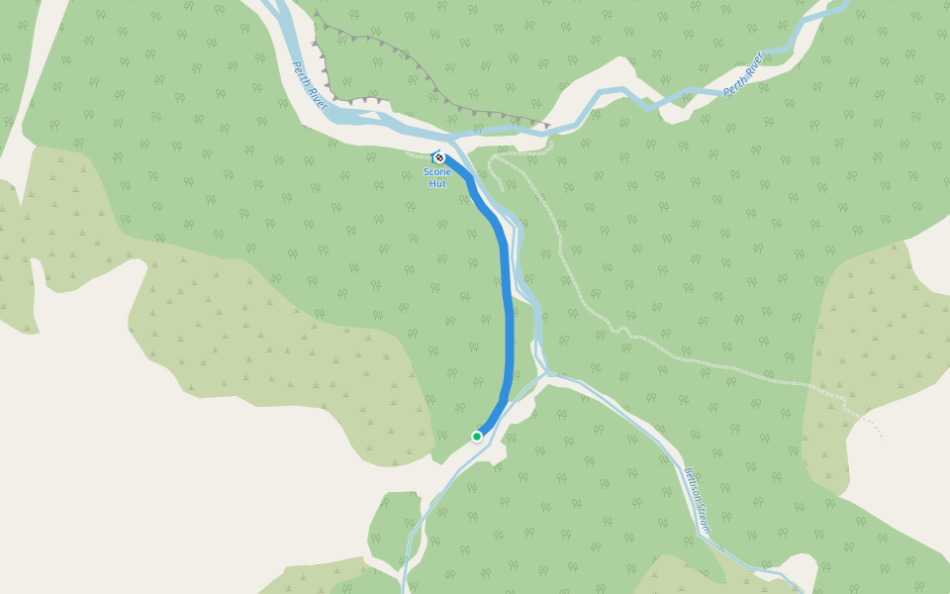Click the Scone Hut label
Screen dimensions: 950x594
[x=437, y=177]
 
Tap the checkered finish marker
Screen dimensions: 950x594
[x=438, y=157]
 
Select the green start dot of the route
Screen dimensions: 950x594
[x=477, y=437]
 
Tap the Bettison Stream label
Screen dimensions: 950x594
[x=697, y=502]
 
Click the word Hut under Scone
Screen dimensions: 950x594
[x=437, y=183]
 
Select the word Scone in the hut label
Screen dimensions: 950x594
[x=437, y=172]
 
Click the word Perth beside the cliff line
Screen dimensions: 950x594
[x=300, y=74]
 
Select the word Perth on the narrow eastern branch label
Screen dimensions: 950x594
[x=733, y=85]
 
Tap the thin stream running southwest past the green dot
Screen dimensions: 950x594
[x=435, y=495]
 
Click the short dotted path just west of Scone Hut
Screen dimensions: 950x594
[x=418, y=154]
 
